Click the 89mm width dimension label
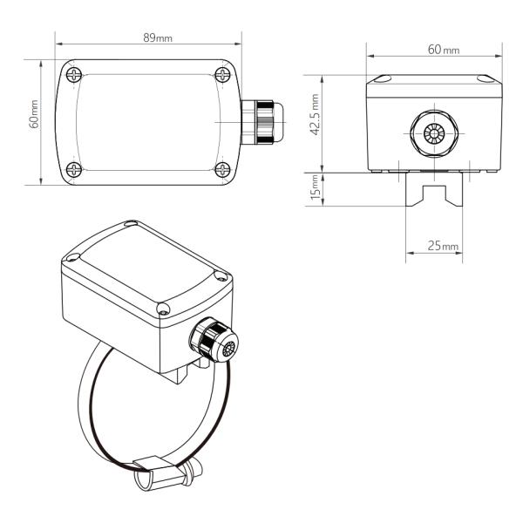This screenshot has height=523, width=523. [x=158, y=38]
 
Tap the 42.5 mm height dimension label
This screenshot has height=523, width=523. [x=315, y=114]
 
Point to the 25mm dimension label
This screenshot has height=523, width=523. [x=443, y=246]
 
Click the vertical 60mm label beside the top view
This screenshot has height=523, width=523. [x=34, y=114]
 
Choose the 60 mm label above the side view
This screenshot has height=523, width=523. [x=444, y=50]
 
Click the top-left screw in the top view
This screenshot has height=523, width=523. [x=74, y=75]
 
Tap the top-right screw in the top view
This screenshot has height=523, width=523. [x=222, y=74]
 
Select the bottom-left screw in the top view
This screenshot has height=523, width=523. [x=74, y=169]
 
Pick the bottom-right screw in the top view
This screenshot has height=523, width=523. [x=222, y=169]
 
